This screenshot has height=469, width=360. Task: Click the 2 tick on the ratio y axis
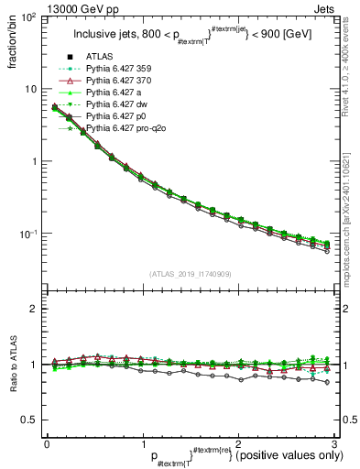point(35,309)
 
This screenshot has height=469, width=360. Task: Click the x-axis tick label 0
point(46,443)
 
